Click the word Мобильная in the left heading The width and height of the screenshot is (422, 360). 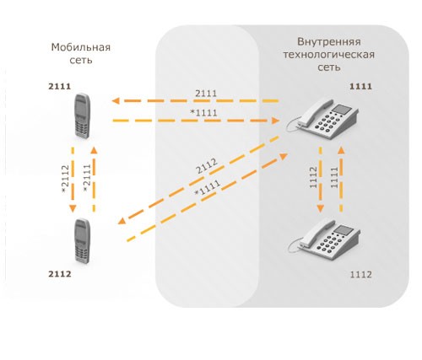81,47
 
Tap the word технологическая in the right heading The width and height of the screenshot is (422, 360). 329,55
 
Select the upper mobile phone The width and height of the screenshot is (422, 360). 83,116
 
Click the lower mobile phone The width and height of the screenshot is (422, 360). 83,241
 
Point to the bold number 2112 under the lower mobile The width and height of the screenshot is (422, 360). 60,274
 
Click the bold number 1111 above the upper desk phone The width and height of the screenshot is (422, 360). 360,86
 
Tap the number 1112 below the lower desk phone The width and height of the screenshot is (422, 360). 360,274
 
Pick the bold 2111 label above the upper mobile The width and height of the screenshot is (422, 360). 60,86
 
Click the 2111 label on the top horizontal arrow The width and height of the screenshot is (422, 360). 206,94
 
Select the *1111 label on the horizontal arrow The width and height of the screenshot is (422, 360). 204,113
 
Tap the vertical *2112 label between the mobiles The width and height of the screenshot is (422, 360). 65,179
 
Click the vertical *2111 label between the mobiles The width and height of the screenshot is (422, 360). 87,178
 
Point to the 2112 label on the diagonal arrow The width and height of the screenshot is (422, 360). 207,166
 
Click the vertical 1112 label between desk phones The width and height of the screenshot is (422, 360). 313,177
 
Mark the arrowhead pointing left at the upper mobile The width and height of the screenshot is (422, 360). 116,100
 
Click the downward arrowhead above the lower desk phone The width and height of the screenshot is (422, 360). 320,208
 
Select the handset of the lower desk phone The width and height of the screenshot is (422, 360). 316,234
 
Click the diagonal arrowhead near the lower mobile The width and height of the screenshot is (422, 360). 122,221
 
